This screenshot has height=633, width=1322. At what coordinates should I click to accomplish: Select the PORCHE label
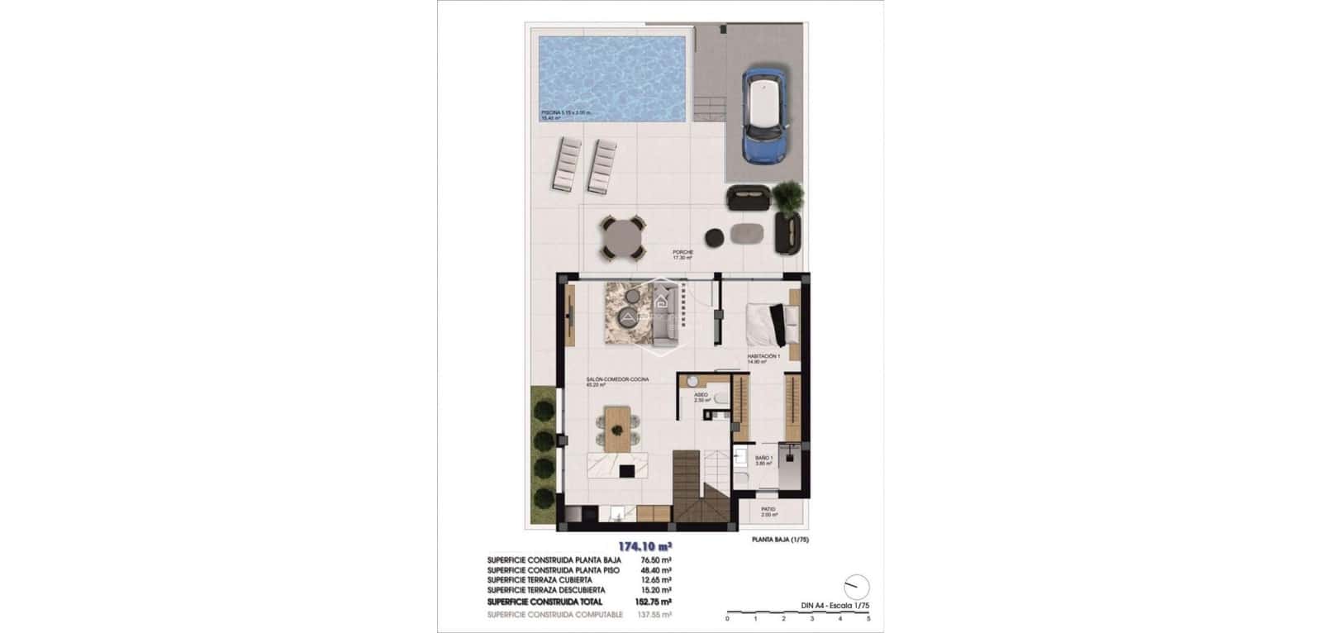(x=682, y=252)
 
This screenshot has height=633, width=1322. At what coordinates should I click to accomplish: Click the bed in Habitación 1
(x=773, y=323)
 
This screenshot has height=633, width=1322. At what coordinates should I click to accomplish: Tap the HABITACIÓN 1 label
(x=763, y=356)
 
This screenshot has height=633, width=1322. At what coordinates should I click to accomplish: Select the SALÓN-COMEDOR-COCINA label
(x=617, y=379)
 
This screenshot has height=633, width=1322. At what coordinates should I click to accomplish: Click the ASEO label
(x=701, y=395)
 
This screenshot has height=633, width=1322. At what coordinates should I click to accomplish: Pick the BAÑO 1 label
(x=764, y=457)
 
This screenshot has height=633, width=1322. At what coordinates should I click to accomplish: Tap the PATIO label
(x=768, y=509)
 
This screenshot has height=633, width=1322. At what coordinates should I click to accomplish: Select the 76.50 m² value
(x=655, y=560)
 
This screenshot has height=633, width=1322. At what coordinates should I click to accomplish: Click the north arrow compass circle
(x=858, y=586)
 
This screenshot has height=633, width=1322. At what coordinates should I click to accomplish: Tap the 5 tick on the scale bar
(x=869, y=618)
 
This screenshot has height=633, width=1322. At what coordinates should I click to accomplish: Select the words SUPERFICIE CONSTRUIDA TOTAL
(x=545, y=600)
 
